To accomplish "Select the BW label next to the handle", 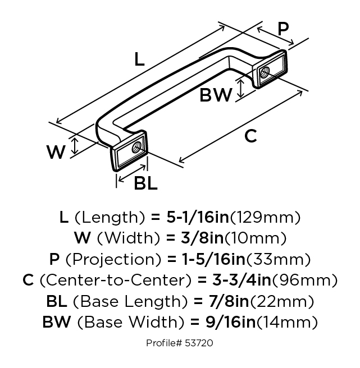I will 216,96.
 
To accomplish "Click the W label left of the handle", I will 56,151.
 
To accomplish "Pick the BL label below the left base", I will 146,183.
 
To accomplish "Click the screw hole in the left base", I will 136,149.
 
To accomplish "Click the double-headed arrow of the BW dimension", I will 241,88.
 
